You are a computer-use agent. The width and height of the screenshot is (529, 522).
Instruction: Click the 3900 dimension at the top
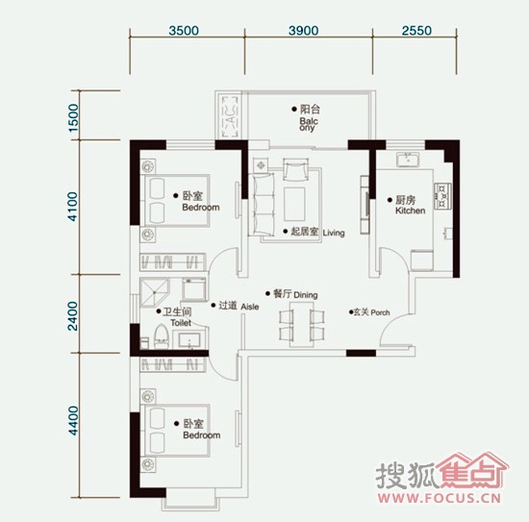[303, 31]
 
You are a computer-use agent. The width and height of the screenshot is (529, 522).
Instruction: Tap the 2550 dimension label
[416, 31]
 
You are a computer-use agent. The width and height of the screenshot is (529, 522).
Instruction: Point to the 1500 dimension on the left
[73, 117]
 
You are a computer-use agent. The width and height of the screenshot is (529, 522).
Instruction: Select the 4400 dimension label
[73, 420]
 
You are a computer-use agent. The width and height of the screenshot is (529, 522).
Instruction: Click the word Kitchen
[410, 211]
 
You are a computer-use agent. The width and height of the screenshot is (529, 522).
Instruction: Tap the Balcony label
[309, 124]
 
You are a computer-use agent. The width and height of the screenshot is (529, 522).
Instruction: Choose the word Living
[334, 233]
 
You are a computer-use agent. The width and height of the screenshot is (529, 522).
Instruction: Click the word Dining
[305, 295]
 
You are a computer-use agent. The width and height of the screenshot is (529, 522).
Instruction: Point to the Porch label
[380, 312]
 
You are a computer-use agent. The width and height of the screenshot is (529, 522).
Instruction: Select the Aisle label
[250, 307]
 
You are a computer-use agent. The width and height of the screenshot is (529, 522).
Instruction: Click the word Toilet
[181, 323]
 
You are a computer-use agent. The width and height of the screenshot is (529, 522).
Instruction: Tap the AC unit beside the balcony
[230, 116]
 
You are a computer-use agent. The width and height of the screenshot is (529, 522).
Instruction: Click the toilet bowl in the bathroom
[162, 336]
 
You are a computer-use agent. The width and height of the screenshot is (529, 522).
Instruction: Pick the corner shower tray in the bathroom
[154, 292]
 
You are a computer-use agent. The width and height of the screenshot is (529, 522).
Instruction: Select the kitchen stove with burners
[442, 195]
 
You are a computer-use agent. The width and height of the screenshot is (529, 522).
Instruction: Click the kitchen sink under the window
[408, 160]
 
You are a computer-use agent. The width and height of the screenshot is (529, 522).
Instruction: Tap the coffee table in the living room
[294, 205]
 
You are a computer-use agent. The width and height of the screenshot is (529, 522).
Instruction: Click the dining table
[302, 324]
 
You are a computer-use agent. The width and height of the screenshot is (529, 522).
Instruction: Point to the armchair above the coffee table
[295, 169]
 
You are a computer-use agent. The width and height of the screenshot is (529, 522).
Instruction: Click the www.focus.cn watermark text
[439, 498]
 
